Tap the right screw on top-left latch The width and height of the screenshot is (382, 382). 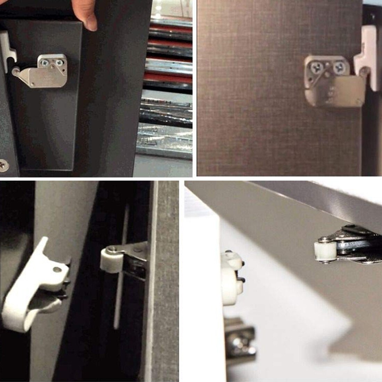[59, 63]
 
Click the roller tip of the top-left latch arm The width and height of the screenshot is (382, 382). [15, 72]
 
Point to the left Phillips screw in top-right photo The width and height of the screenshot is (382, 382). [317, 68]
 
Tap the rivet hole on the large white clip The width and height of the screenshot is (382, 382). [57, 269]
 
